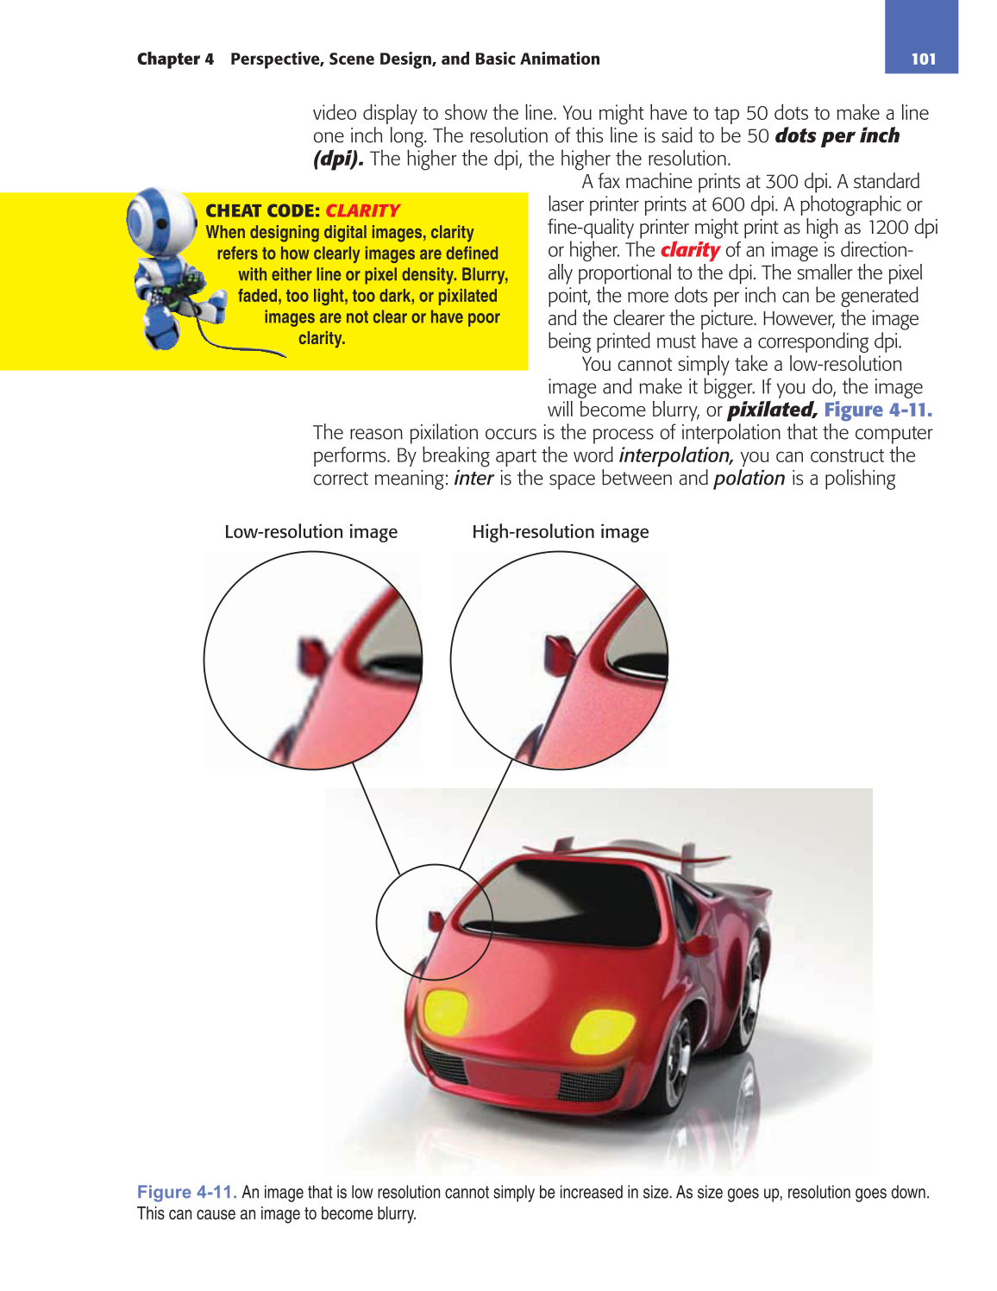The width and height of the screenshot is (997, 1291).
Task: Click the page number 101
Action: [923, 59]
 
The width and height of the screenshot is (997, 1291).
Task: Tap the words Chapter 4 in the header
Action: [175, 59]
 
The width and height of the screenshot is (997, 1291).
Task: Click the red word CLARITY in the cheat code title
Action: [362, 210]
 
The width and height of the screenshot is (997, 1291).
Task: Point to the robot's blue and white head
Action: [161, 220]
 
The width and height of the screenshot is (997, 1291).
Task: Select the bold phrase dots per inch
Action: [837, 135]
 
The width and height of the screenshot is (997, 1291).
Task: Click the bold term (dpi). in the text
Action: [338, 159]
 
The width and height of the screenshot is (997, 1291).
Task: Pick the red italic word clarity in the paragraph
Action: [690, 250]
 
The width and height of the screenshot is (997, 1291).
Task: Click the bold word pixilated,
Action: [772, 410]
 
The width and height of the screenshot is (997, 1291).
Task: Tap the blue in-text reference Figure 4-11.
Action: [877, 410]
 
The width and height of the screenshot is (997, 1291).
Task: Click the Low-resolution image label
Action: [310, 531]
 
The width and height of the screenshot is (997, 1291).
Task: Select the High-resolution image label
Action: [560, 531]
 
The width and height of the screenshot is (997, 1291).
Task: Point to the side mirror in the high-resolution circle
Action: [560, 655]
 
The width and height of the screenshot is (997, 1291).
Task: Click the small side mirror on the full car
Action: [436, 919]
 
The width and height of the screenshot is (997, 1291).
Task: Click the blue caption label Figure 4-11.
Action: [186, 1192]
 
